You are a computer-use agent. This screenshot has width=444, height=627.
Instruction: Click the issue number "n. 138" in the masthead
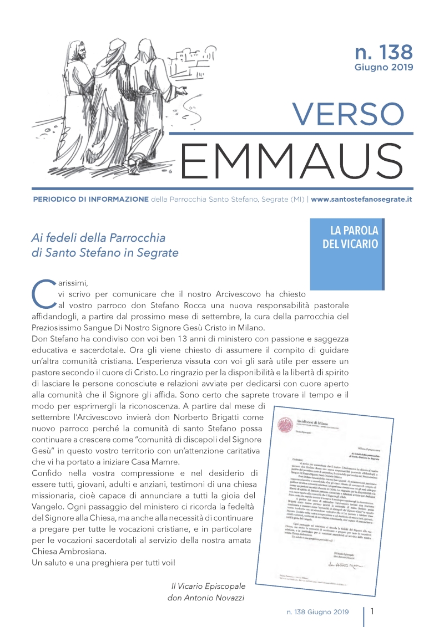coord(384,52)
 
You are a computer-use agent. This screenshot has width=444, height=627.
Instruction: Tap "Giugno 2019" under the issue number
coord(384,68)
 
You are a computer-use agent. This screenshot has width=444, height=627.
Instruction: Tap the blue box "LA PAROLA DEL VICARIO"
coord(350,237)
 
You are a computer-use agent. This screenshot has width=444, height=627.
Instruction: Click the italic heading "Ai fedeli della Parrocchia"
coord(99,238)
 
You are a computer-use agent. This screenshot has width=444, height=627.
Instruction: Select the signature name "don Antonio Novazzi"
coord(206,598)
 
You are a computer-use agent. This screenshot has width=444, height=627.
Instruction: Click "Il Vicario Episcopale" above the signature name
coord(208,586)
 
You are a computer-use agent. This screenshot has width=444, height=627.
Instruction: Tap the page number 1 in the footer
coord(372,611)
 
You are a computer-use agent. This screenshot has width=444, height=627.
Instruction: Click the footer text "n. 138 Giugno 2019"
coord(314,612)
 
